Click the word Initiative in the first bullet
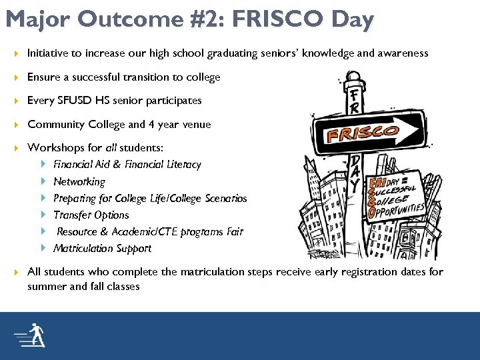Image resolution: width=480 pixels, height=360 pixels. pyautogui.click(x=49, y=53)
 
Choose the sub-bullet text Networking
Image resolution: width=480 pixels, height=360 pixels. pyautogui.click(x=79, y=181)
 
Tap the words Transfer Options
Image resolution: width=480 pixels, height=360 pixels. pyautogui.click(x=91, y=215)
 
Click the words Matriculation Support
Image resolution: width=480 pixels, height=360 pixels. pyautogui.click(x=102, y=248)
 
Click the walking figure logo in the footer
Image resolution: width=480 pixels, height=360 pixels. pyautogui.click(x=32, y=335)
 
